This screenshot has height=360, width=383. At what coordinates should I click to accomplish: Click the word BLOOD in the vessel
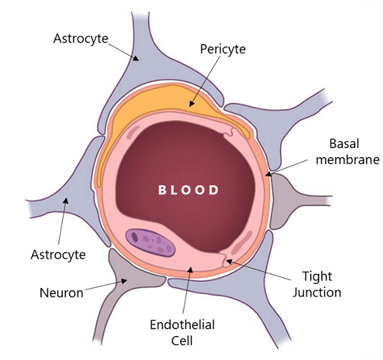(188, 190)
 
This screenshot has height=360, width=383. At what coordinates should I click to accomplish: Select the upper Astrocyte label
(80, 38)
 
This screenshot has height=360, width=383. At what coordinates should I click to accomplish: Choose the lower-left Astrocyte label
(59, 254)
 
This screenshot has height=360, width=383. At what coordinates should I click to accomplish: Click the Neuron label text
(61, 293)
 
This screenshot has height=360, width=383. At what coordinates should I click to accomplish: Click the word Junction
(317, 292)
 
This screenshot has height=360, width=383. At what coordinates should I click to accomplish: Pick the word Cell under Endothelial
(182, 341)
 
